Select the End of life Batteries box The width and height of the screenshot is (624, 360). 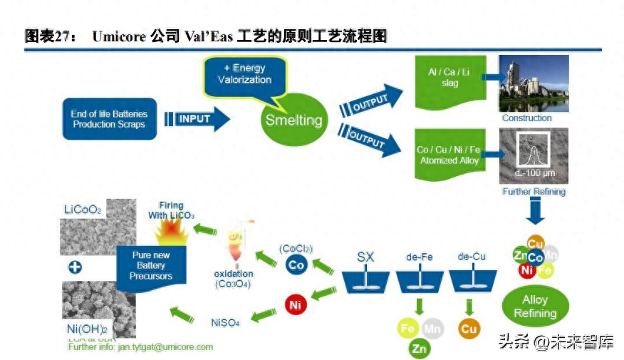point(109,119)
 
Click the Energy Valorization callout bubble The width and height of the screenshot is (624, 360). point(244,76)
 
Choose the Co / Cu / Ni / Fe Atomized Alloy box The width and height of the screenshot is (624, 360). point(448,155)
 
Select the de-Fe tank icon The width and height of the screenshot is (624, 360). point(419,280)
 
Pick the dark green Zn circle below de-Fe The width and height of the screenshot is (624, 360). point(419,348)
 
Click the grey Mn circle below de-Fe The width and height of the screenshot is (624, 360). point(432,329)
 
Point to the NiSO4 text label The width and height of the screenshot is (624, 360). point(224,322)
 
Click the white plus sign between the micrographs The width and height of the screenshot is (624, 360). point(73,268)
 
